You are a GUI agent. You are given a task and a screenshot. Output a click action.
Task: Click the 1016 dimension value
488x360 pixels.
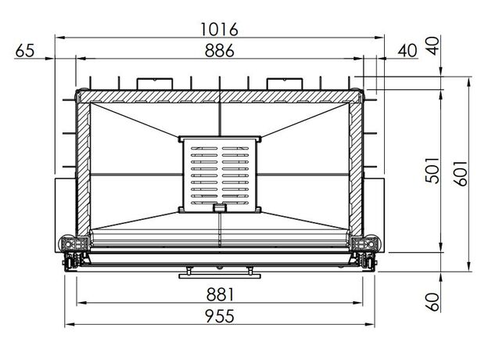pyautogui.click(x=219, y=29)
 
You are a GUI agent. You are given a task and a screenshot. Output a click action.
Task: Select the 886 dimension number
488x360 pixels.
pyautogui.click(x=220, y=50)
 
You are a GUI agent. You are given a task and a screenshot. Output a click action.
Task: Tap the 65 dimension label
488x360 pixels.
pyautogui.click(x=24, y=50)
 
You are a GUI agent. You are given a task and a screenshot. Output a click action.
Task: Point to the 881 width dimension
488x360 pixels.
pyautogui.click(x=220, y=294)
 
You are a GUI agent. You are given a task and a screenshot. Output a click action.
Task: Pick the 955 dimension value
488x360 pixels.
pyautogui.click(x=220, y=316)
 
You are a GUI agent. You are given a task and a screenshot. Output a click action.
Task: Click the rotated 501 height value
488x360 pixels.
pyautogui.click(x=432, y=171)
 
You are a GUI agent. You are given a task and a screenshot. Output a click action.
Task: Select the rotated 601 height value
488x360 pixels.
pyautogui.click(x=461, y=174)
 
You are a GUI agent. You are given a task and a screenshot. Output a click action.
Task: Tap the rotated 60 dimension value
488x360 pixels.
pyautogui.click(x=432, y=302)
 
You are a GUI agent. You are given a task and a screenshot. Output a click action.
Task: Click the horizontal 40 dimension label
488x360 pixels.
pyautogui.click(x=407, y=50)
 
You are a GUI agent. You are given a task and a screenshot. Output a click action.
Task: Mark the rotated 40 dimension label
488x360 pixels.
pyautogui.click(x=432, y=45)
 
